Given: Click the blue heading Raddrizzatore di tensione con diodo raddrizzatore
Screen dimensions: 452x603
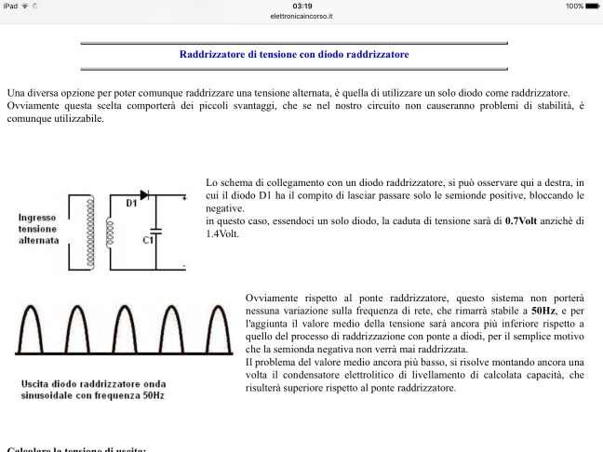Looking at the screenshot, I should [294, 55].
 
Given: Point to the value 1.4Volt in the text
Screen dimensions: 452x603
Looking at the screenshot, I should [222, 234].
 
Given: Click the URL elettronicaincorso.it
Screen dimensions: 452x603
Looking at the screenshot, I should [301, 16].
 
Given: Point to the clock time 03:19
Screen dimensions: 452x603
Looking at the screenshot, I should [301, 6].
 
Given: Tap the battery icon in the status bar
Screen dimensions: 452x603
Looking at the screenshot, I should [591, 6].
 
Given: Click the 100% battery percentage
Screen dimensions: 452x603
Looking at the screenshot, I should [571, 6].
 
